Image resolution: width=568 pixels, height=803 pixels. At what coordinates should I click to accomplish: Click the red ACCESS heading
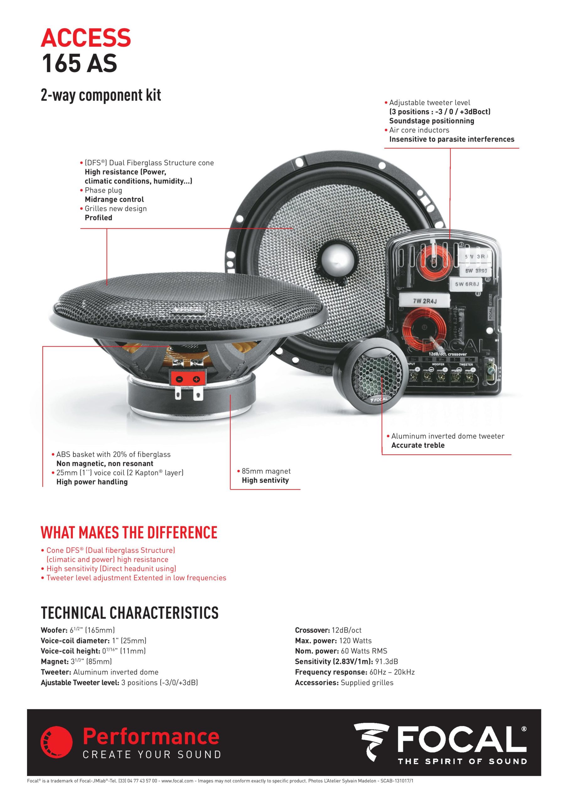(x=86, y=38)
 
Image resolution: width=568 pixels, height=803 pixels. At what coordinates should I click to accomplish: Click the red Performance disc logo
(x=56, y=742)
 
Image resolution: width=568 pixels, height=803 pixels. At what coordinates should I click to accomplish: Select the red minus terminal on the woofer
(x=179, y=379)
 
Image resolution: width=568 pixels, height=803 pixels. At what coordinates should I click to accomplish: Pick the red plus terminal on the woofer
(x=196, y=379)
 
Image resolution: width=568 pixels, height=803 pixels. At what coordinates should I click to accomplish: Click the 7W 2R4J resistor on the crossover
(x=425, y=301)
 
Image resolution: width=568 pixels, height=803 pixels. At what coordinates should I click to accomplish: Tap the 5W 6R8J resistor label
(x=467, y=284)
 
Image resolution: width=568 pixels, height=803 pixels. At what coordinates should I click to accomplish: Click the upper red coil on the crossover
(x=434, y=261)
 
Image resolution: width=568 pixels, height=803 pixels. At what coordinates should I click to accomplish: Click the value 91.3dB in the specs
(x=386, y=661)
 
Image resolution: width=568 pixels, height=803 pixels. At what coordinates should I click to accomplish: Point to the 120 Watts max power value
(x=355, y=641)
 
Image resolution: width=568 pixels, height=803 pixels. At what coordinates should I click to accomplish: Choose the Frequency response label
(x=331, y=672)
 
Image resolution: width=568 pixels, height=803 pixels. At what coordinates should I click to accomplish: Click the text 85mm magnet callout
(x=266, y=471)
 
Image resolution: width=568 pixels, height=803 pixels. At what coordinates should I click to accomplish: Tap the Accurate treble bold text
(x=418, y=445)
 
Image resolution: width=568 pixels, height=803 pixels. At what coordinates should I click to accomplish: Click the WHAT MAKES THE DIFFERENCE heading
(x=129, y=532)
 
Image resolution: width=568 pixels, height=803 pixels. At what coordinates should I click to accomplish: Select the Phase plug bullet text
(x=103, y=190)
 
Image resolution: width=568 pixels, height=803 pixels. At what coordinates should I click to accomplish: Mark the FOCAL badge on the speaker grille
(x=189, y=310)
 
